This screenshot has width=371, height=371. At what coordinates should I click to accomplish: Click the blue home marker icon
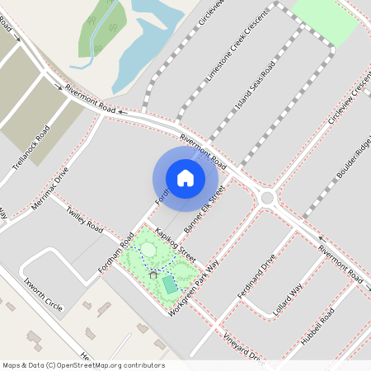[x=185, y=177]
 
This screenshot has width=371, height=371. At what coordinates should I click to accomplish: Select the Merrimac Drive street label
[x=50, y=195]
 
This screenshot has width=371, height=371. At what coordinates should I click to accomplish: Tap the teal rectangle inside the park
[x=169, y=284]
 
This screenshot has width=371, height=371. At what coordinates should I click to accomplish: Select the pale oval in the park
[x=148, y=249]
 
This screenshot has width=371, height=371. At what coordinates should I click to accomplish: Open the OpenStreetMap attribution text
[x=83, y=365]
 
